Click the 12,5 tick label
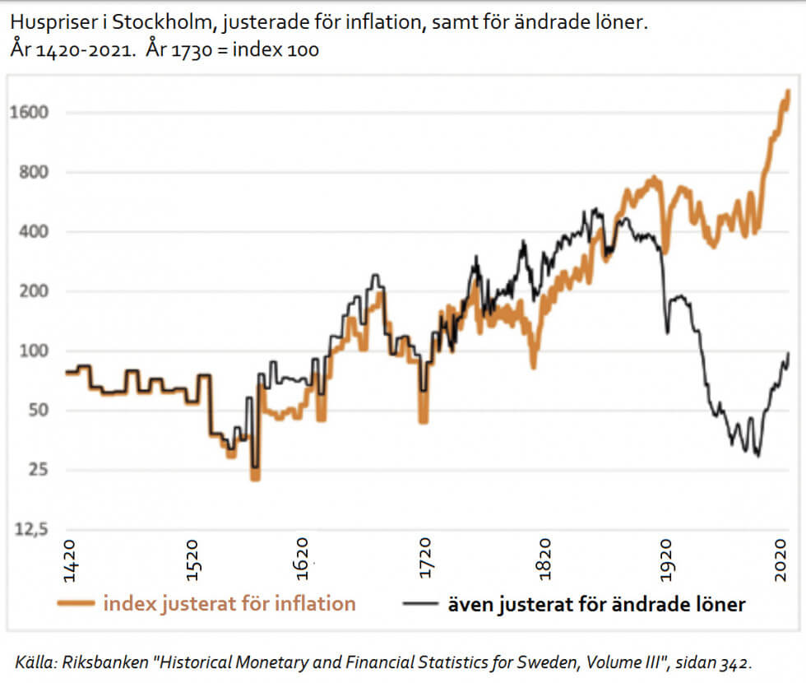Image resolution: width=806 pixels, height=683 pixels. [31, 530]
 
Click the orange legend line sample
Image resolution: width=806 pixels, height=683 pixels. [76, 604]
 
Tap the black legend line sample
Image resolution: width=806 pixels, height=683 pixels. [421, 604]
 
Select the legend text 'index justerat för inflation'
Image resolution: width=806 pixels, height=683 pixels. [229, 604]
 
